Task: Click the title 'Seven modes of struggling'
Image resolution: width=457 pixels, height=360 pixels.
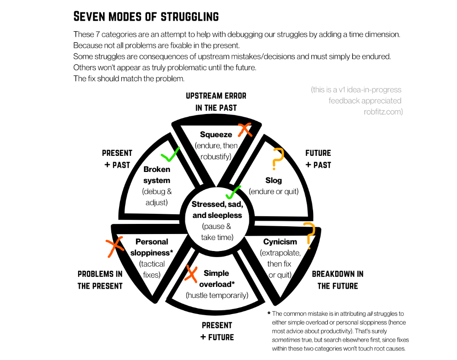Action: tap(146, 17)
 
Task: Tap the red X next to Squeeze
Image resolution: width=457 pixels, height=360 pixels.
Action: tap(245, 130)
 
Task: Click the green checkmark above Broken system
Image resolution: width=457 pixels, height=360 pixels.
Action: tap(170, 155)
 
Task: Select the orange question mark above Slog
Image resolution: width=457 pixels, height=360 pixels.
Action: tap(277, 159)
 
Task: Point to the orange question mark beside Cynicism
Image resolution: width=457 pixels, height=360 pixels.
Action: tap(310, 235)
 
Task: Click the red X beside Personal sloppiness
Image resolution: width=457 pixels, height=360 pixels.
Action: tap(115, 247)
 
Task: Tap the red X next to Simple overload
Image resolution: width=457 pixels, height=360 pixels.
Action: tap(191, 272)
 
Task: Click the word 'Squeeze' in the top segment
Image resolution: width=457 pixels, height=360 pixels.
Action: tap(216, 134)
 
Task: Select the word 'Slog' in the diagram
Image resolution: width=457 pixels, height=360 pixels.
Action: tap(274, 180)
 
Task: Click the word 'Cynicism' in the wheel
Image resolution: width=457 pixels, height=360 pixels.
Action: tap(280, 241)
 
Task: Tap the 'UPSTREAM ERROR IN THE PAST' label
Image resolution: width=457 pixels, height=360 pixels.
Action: tap(216, 102)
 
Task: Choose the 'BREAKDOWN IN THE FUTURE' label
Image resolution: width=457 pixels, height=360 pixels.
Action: tap(337, 280)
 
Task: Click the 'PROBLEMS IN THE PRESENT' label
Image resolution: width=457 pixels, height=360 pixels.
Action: tap(100, 280)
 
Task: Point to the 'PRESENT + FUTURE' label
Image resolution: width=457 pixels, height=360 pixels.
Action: tap(217, 331)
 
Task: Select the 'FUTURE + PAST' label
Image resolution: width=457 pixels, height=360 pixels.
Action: tap(318, 159)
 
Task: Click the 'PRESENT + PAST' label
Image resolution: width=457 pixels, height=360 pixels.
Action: tap(117, 159)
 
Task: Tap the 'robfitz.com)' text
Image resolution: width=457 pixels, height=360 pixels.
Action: tap(383, 111)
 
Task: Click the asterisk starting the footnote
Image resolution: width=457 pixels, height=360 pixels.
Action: tap(268, 314)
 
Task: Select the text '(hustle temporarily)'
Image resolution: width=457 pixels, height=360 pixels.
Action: tap(217, 295)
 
